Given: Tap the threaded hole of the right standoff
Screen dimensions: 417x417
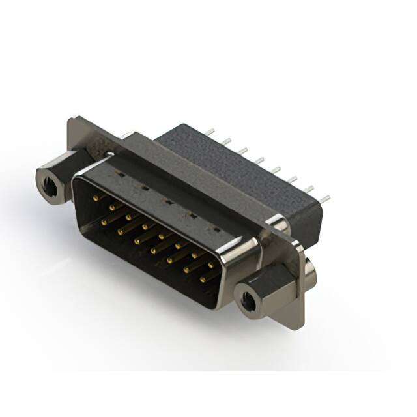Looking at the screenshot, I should [248, 301].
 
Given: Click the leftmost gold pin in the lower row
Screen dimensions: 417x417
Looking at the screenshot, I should [103, 222].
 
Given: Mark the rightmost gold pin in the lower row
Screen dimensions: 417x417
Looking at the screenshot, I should [202, 280].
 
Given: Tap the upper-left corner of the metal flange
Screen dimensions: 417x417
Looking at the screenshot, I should [73, 121].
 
